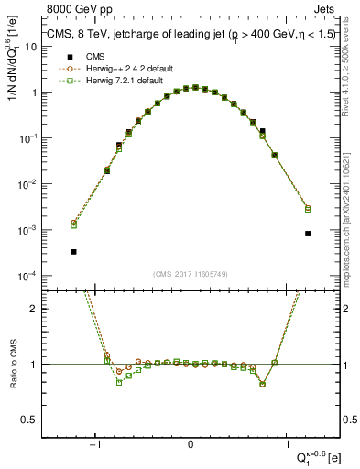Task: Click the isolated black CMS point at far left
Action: (73, 251)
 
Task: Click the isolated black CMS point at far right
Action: (308, 234)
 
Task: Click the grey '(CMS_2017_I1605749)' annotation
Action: (190, 274)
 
